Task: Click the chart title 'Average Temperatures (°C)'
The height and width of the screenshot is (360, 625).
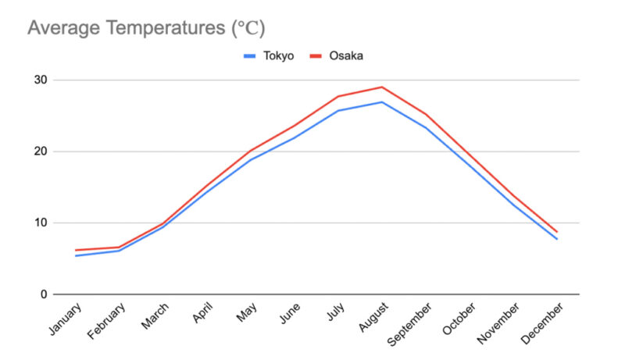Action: pyautogui.click(x=146, y=29)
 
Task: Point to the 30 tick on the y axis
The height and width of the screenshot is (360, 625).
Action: pyautogui.click(x=40, y=80)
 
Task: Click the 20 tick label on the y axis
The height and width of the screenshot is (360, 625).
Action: pyautogui.click(x=40, y=151)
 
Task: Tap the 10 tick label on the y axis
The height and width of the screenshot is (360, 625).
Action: pyautogui.click(x=40, y=223)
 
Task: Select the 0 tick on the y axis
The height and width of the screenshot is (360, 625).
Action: pyautogui.click(x=43, y=294)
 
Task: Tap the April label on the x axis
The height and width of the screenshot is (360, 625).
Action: pyautogui.click(x=200, y=316)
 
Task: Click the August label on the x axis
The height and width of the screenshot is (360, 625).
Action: pyautogui.click(x=374, y=319)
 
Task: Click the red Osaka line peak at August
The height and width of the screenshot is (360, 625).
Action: pyautogui.click(x=382, y=87)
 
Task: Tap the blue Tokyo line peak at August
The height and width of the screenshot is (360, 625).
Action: pyautogui.click(x=382, y=102)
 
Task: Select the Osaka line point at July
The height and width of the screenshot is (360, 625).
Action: pyautogui.click(x=337, y=96)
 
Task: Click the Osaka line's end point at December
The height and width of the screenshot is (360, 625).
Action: pyautogui.click(x=557, y=232)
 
